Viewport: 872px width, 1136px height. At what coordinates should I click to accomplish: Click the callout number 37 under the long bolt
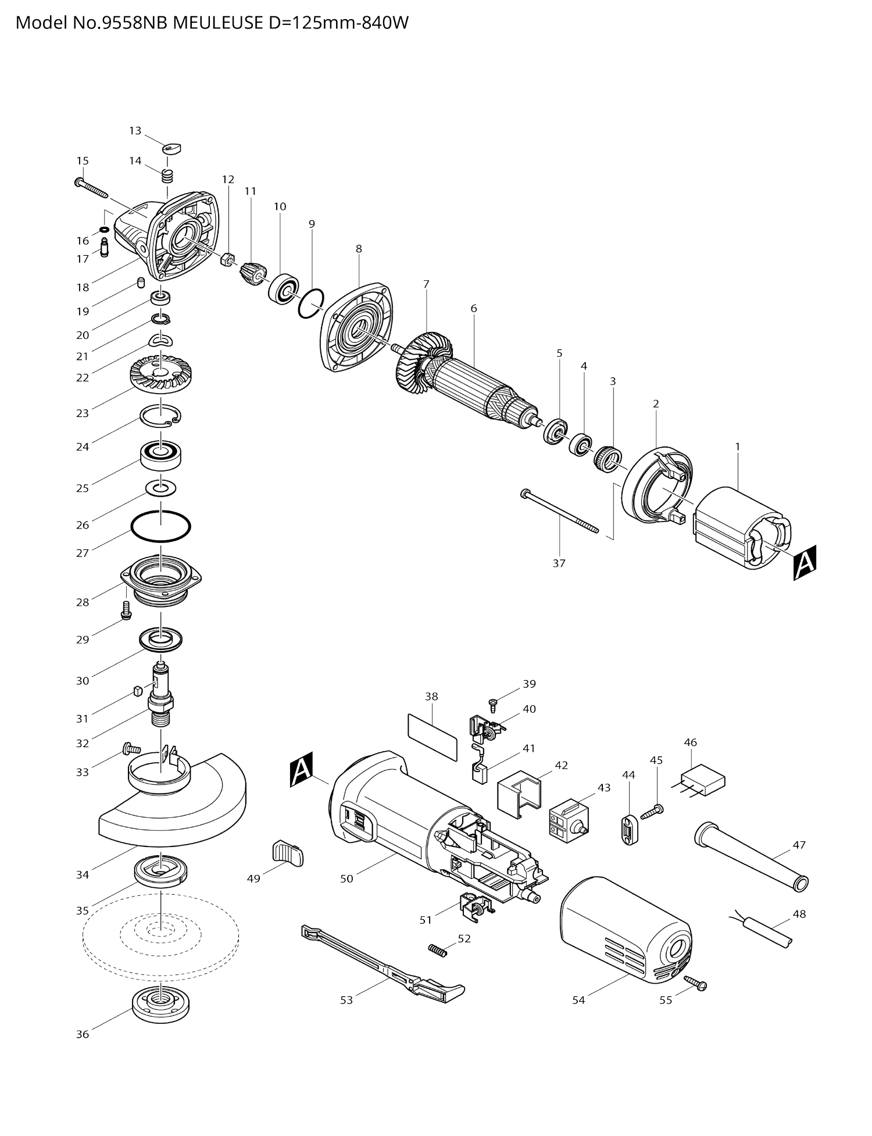559,563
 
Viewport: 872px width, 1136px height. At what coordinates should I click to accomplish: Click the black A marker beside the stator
805,562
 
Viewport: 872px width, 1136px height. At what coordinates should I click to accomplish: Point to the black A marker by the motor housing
302,770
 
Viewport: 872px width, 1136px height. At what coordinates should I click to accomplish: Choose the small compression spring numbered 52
437,950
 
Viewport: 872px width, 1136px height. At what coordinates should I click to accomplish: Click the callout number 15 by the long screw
83,160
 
